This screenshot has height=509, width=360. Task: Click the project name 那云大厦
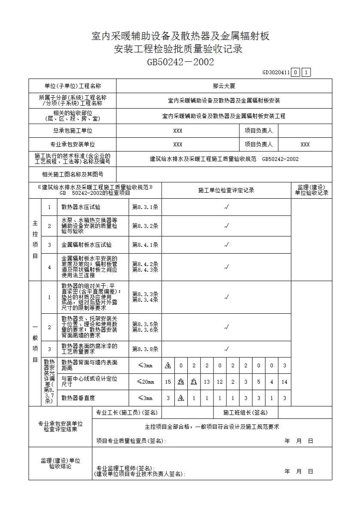point(224,86)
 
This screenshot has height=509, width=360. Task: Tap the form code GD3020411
point(276,73)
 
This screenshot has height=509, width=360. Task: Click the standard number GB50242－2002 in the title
point(180,62)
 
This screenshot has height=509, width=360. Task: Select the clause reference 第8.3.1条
point(145,207)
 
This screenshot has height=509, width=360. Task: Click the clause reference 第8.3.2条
point(145,226)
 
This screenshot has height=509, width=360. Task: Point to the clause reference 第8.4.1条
point(145,245)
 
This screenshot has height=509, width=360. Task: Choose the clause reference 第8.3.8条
point(145,349)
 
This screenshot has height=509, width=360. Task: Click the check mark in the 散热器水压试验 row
point(226,207)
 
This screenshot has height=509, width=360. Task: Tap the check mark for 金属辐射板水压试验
point(226,245)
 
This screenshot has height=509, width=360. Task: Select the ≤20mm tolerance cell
point(145,382)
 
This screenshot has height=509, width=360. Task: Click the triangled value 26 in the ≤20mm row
point(181,382)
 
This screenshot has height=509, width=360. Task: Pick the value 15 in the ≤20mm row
point(168,382)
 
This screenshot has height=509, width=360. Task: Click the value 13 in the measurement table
point(207,382)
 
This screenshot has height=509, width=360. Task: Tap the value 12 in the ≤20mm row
point(220,382)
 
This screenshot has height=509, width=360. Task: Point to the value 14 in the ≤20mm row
point(284,382)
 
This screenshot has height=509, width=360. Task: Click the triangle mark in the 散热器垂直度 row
point(181,398)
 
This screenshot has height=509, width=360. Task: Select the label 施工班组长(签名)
point(245,413)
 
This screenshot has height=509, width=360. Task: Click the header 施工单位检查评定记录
point(226,191)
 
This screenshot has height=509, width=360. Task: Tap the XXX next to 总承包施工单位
point(178,131)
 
